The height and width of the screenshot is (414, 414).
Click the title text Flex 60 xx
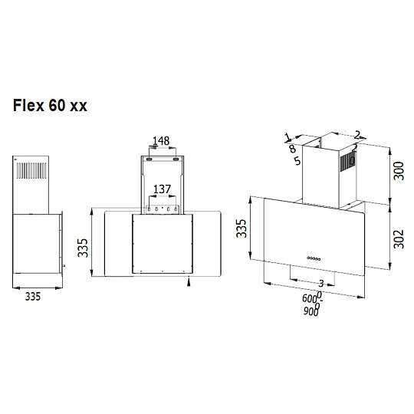point(50,106)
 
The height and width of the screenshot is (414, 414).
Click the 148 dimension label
point(160,141)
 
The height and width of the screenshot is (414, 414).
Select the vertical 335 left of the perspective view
point(242,228)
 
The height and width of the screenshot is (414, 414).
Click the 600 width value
point(310,299)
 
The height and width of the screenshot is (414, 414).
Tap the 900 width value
point(310,312)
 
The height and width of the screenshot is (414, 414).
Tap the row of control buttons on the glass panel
point(314,258)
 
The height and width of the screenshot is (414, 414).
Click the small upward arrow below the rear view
point(190,282)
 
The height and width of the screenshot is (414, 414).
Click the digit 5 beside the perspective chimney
point(296,161)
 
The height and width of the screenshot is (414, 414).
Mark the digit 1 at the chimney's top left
point(287,137)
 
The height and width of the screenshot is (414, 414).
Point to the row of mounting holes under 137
point(162,208)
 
